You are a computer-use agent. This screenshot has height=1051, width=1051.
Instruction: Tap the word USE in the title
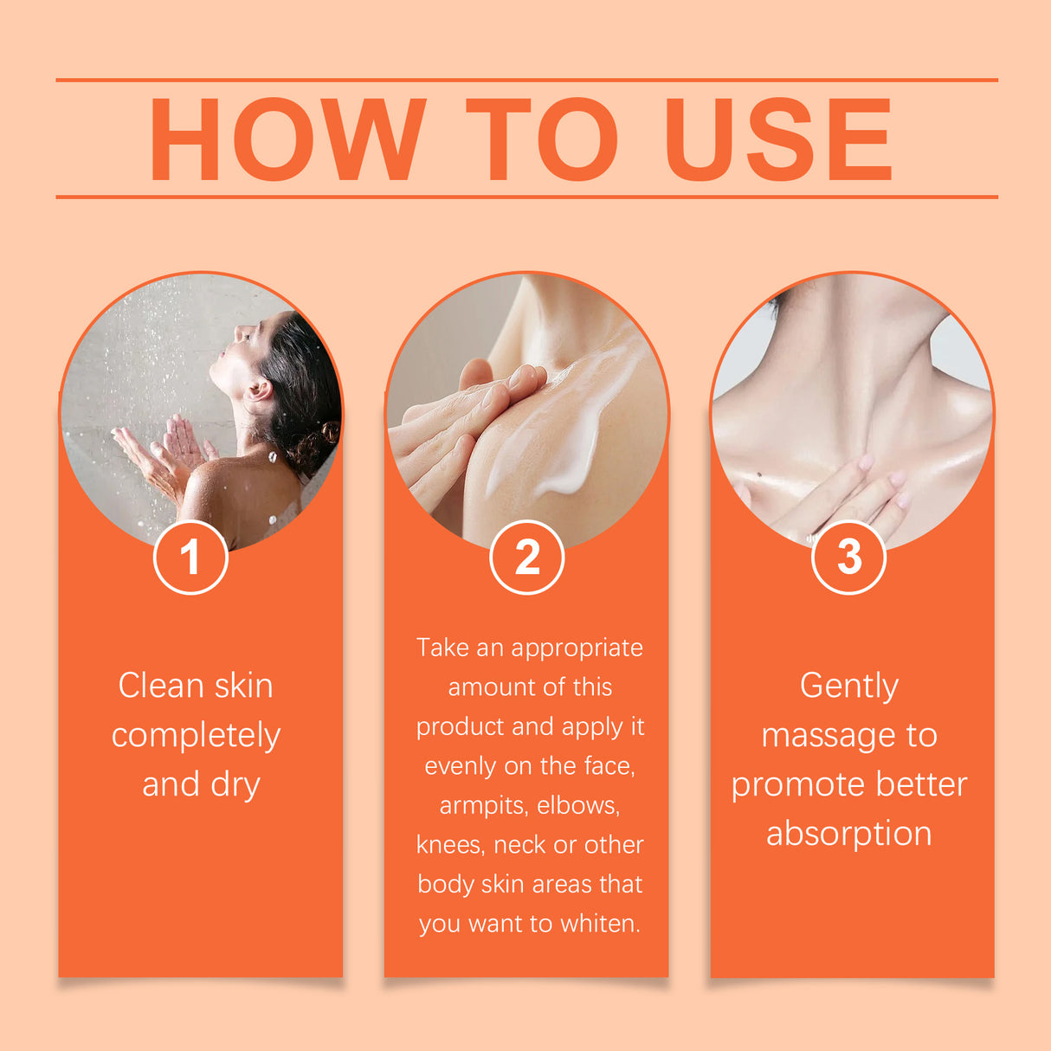pyautogui.click(x=777, y=139)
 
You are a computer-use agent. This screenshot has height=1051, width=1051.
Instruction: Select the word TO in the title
pyautogui.click(x=542, y=139)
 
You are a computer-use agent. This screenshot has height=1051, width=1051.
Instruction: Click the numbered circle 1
pyautogui.click(x=190, y=557)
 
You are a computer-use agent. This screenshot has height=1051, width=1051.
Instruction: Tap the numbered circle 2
pyautogui.click(x=526, y=557)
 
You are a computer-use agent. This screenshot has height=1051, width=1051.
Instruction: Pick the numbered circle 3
pyautogui.click(x=848, y=557)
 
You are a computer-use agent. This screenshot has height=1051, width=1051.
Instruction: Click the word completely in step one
pyautogui.click(x=196, y=736)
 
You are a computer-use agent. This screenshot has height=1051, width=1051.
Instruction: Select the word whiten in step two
pyautogui.click(x=598, y=924)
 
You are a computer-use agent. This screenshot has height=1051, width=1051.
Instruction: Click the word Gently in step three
pyautogui.click(x=848, y=687)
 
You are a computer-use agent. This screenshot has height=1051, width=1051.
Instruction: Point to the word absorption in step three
pyautogui.click(x=848, y=834)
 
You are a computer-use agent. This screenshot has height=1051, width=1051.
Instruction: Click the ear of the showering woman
pyautogui.click(x=258, y=390)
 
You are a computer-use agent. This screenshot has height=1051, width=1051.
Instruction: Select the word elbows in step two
pyautogui.click(x=577, y=806)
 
